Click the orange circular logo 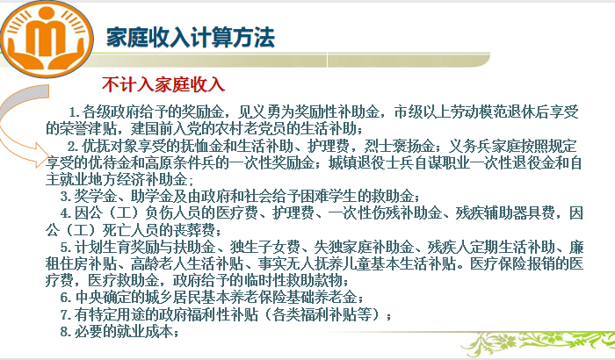click(x=47, y=40)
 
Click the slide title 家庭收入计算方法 click(x=191, y=38)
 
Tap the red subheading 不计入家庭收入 click(x=163, y=84)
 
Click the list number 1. click(x=74, y=112)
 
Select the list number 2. click(x=73, y=147)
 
